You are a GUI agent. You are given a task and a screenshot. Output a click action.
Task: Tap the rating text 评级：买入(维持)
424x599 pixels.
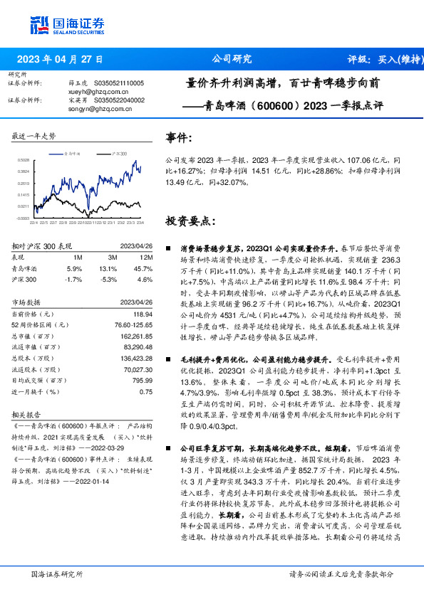coord(384,59)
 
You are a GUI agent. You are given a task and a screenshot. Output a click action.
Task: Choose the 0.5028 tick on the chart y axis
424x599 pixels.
coord(24,161)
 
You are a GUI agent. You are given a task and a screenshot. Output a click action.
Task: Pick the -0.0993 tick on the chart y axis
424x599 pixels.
coord(24,218)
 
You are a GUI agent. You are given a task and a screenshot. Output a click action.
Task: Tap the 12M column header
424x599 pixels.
coord(145,257)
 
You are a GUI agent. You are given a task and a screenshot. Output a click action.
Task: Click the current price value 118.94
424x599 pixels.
coord(143,314)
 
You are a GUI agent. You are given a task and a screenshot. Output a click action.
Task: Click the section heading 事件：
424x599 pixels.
coord(178,137)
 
